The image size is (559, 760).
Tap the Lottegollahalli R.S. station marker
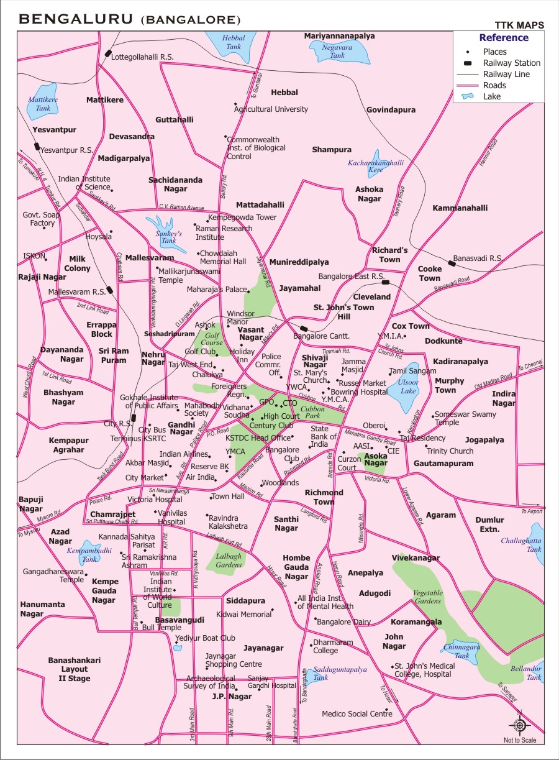pyautogui.click(x=108, y=54)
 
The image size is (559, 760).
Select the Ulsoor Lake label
pyautogui.click(x=408, y=386)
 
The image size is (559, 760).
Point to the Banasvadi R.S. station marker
pyautogui.click(x=452, y=263)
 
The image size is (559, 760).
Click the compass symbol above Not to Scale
pyautogui.click(x=520, y=725)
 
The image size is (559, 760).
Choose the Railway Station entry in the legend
pyautogui.click(x=512, y=63)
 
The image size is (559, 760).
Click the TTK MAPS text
pyautogui.click(x=519, y=25)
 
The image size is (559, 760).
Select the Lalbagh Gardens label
pyautogui.click(x=229, y=561)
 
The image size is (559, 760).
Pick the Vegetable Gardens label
pyautogui.click(x=428, y=597)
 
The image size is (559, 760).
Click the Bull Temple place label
pyautogui.click(x=161, y=628)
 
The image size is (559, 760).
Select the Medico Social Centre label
pyautogui.click(x=357, y=714)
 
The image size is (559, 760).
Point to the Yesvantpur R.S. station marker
pyautogui.click(x=37, y=147)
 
